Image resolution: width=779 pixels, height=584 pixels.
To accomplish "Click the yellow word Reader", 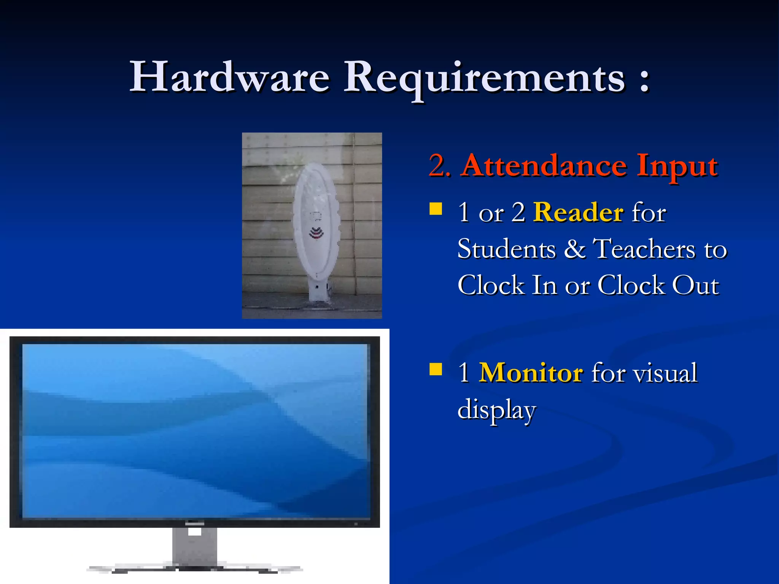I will point(578,212).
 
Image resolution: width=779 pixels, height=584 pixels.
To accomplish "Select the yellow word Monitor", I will point(531,373).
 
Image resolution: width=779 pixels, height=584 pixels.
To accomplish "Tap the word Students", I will point(506,249).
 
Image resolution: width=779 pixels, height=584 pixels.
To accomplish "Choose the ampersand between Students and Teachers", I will point(574,249).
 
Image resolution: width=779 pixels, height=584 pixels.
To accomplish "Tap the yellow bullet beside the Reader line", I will point(436,209).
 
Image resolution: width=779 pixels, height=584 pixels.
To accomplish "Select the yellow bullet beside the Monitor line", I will point(436,369).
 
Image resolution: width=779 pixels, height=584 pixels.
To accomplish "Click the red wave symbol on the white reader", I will point(316,232).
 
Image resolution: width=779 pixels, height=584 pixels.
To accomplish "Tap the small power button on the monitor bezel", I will point(356,524).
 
